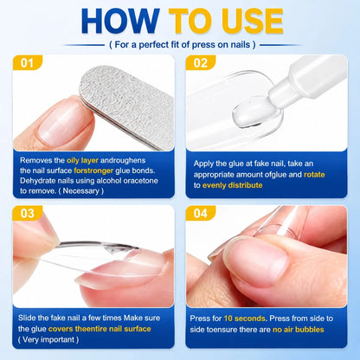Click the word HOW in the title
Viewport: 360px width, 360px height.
click(x=120, y=21)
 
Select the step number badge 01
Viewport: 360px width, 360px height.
click(x=28, y=62)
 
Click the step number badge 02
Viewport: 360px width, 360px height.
click(x=201, y=62)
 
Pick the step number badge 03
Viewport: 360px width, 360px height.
click(x=28, y=213)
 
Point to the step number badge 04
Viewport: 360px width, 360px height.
click(x=201, y=213)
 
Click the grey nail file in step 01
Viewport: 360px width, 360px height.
click(x=127, y=106)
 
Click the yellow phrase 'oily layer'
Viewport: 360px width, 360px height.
click(x=82, y=160)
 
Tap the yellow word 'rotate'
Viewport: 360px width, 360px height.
click(x=314, y=175)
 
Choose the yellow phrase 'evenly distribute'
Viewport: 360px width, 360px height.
click(x=233, y=185)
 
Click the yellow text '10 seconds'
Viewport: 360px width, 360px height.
click(x=245, y=318)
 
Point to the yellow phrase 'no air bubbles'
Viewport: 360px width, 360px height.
click(x=299, y=330)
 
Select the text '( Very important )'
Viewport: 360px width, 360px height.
click(x=48, y=339)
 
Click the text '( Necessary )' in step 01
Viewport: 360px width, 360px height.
click(x=81, y=191)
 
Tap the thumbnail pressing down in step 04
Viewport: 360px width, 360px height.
click(x=255, y=261)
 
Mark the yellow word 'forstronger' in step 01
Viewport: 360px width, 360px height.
click(x=93, y=170)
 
